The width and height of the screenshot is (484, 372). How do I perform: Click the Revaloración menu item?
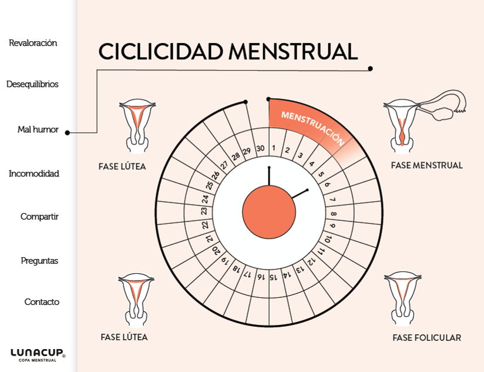33,43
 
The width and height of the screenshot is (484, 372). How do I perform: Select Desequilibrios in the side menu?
32,84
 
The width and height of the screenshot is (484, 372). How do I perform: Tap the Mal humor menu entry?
38,129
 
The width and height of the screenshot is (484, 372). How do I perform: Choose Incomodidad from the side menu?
34,173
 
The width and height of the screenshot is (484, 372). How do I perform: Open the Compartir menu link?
39,216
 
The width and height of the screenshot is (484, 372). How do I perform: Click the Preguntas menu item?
39,260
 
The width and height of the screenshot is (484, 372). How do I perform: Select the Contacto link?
42,301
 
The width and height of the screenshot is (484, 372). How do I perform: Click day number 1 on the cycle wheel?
274,149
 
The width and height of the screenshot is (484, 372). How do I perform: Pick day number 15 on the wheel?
273,277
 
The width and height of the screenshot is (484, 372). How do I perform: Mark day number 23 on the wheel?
204,211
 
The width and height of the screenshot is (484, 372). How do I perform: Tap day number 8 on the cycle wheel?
333,214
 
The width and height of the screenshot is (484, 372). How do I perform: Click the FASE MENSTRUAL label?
426,166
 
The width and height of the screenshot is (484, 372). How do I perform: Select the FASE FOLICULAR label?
426,338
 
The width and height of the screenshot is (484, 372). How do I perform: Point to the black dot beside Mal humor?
67,133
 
